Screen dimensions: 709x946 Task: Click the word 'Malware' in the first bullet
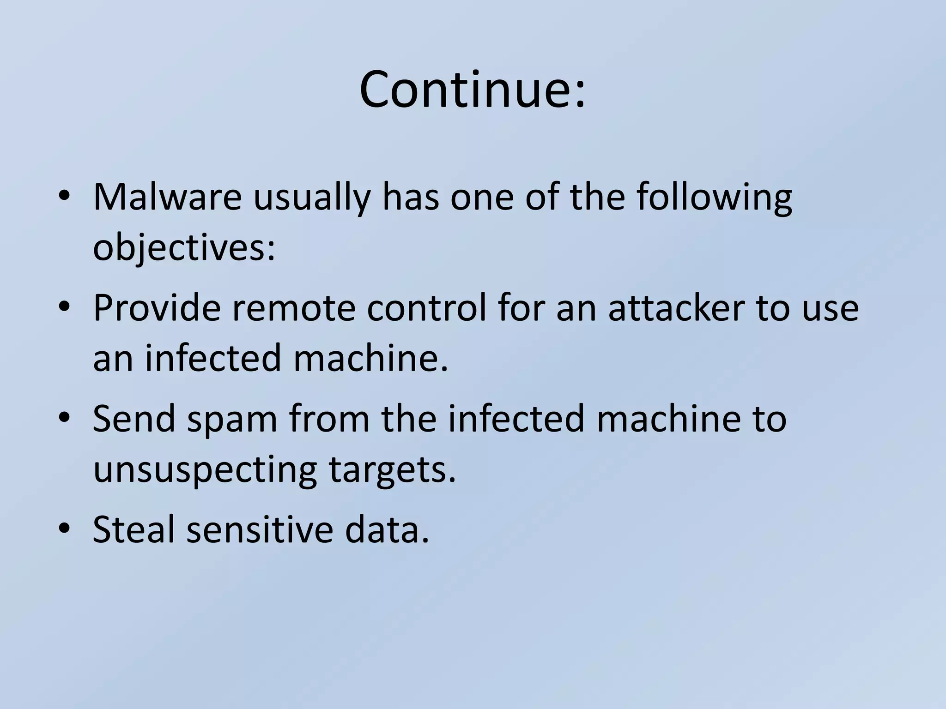(167, 197)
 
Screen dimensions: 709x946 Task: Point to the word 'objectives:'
(184, 248)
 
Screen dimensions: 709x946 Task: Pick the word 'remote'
(293, 309)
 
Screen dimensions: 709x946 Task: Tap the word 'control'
(427, 308)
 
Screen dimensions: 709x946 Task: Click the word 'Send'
(134, 419)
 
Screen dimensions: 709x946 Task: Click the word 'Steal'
(134, 529)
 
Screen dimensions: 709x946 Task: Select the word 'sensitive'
(260, 529)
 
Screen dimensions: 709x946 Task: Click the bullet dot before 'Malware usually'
(64, 196)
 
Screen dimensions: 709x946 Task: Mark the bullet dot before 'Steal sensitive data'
(64, 528)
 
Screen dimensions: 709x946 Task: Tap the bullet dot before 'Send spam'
(64, 417)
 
